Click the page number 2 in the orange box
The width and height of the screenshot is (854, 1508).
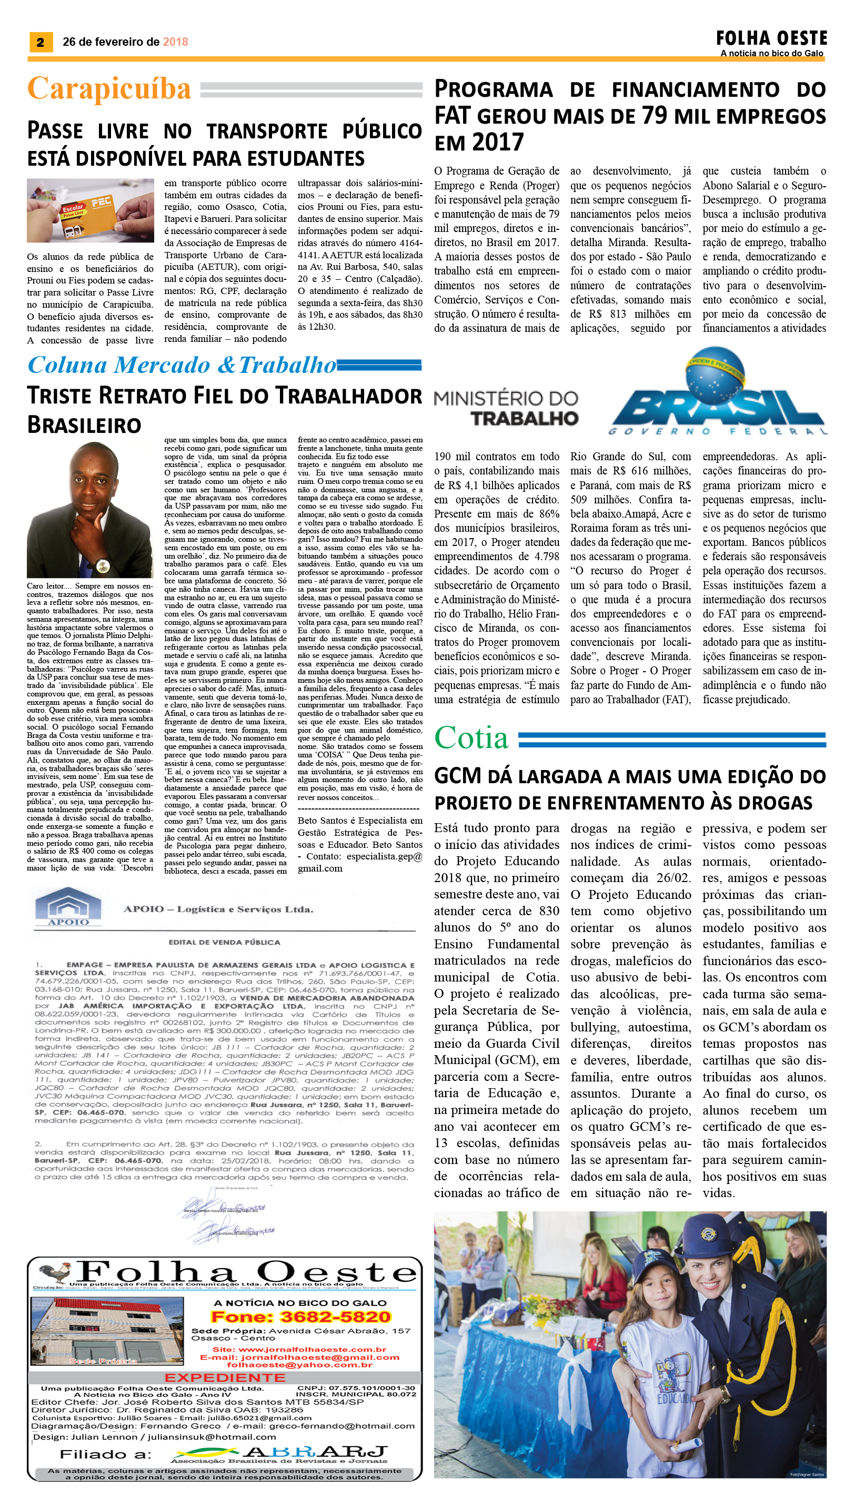coord(41,42)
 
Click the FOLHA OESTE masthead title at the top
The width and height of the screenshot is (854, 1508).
coord(771,39)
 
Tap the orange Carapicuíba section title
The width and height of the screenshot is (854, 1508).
coord(109,89)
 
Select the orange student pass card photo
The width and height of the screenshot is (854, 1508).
coord(91,210)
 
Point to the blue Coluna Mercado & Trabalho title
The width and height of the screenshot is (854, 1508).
coord(182,365)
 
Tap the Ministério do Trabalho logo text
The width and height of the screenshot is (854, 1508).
coord(506,408)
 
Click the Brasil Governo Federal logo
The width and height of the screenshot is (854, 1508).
coord(719,399)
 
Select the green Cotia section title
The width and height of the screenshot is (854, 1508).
coord(471,737)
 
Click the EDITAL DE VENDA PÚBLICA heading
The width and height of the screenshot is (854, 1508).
coord(224,942)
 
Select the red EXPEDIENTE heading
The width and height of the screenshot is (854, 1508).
coord(225,1377)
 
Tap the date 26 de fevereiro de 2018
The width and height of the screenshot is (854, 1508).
coord(125,42)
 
